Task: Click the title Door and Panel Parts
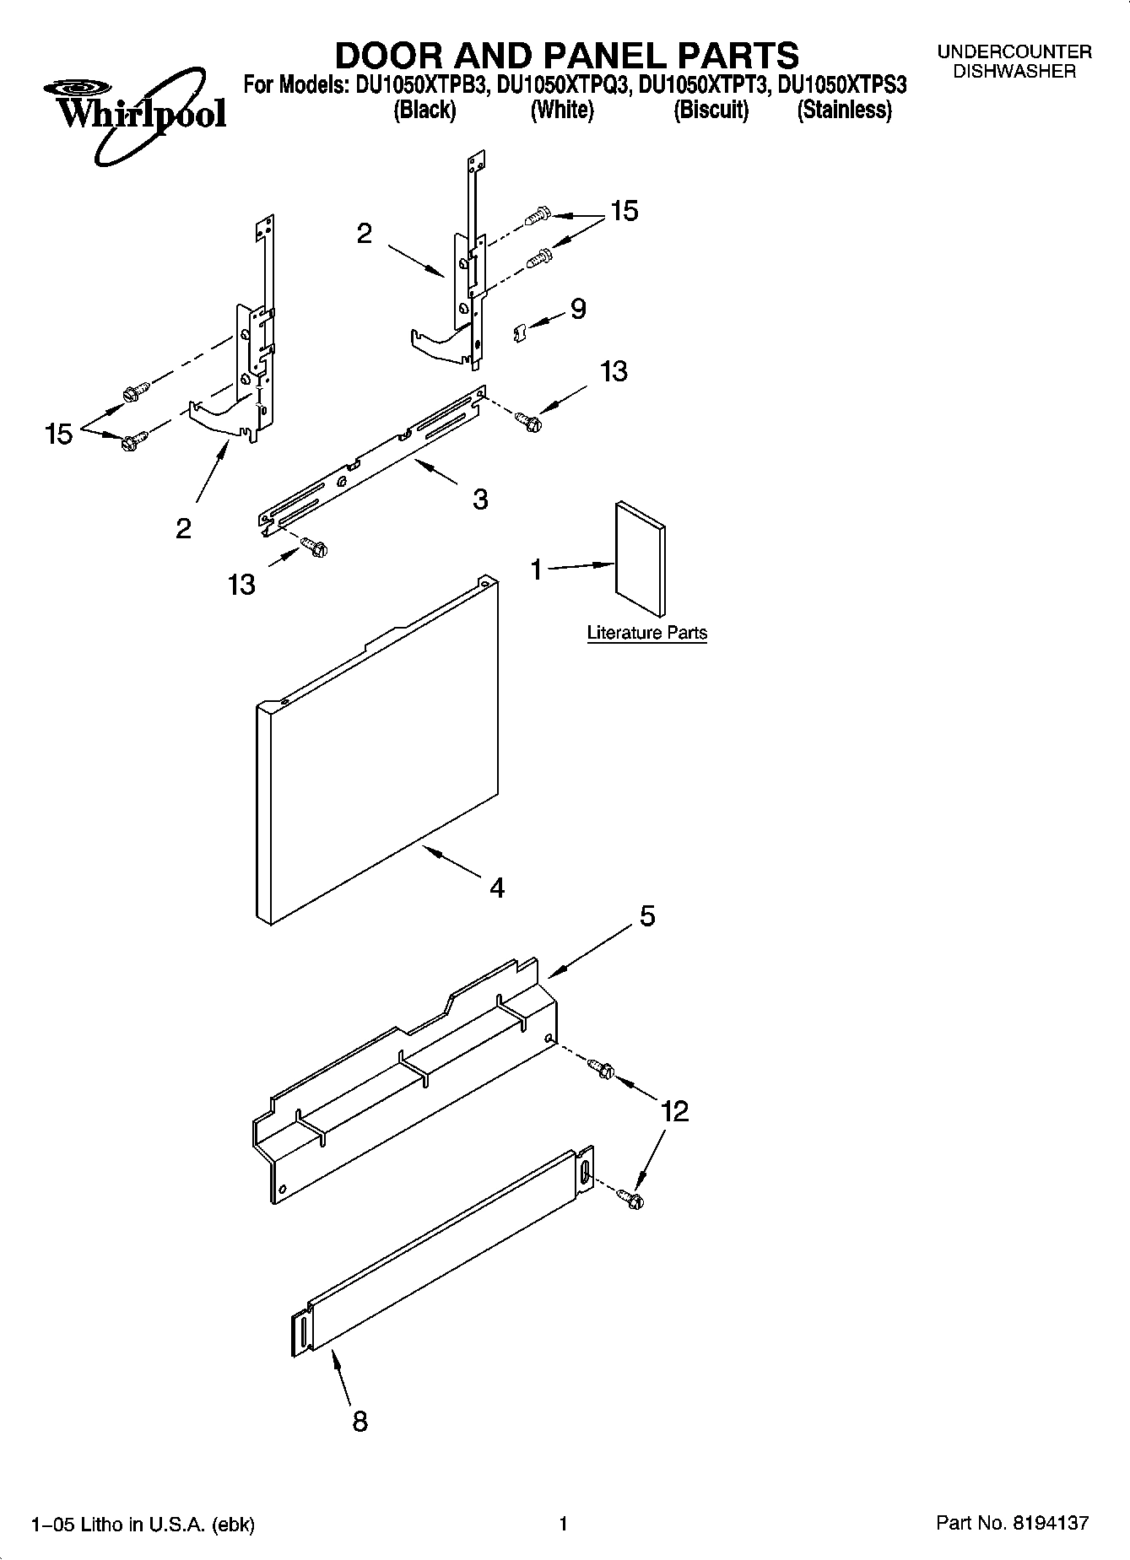(x=566, y=56)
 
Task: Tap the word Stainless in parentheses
(x=845, y=111)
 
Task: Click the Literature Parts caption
(x=646, y=633)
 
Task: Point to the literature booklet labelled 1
(x=640, y=560)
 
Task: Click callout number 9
(x=578, y=309)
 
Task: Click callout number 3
(x=479, y=499)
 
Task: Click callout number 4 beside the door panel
(x=497, y=888)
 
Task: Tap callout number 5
(x=646, y=916)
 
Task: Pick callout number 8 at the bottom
(x=360, y=1422)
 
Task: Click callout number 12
(x=675, y=1111)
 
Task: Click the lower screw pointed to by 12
(x=630, y=1196)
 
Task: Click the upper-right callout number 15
(x=624, y=211)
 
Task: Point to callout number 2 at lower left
(x=183, y=529)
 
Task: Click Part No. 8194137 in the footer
(x=1012, y=1523)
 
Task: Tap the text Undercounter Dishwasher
(x=1014, y=62)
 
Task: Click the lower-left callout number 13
(x=241, y=584)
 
